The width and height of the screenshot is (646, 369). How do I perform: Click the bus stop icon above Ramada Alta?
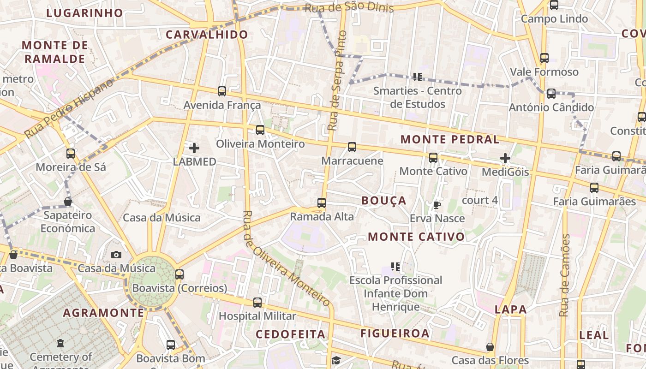click(322, 202)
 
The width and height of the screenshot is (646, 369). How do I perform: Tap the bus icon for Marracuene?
click(352, 147)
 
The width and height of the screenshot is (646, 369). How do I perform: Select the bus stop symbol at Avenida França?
click(222, 91)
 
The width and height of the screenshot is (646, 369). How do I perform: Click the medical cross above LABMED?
click(194, 148)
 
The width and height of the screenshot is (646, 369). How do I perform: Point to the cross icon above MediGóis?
click(505, 158)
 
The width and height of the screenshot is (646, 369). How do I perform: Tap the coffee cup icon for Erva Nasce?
click(437, 204)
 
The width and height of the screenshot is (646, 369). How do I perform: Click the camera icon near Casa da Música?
click(116, 255)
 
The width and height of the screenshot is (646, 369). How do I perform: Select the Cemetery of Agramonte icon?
click(60, 344)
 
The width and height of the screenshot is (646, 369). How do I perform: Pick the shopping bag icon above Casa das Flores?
click(490, 346)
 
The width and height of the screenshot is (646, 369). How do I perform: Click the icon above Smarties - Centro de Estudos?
click(418, 77)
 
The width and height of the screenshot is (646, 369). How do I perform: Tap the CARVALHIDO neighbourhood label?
click(207, 35)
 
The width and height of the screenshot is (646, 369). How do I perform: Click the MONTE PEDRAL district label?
click(450, 139)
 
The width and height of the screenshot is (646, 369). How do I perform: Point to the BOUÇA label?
click(384, 201)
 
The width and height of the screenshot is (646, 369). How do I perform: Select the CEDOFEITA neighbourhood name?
click(290, 334)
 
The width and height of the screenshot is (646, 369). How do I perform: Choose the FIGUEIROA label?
click(395, 333)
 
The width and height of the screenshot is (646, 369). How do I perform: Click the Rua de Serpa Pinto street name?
click(337, 81)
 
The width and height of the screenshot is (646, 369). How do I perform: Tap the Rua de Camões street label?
click(565, 275)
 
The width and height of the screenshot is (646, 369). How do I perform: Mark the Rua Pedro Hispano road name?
click(69, 108)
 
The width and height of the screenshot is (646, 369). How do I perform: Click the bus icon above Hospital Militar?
click(257, 303)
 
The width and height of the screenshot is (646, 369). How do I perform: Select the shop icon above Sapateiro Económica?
click(68, 202)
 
